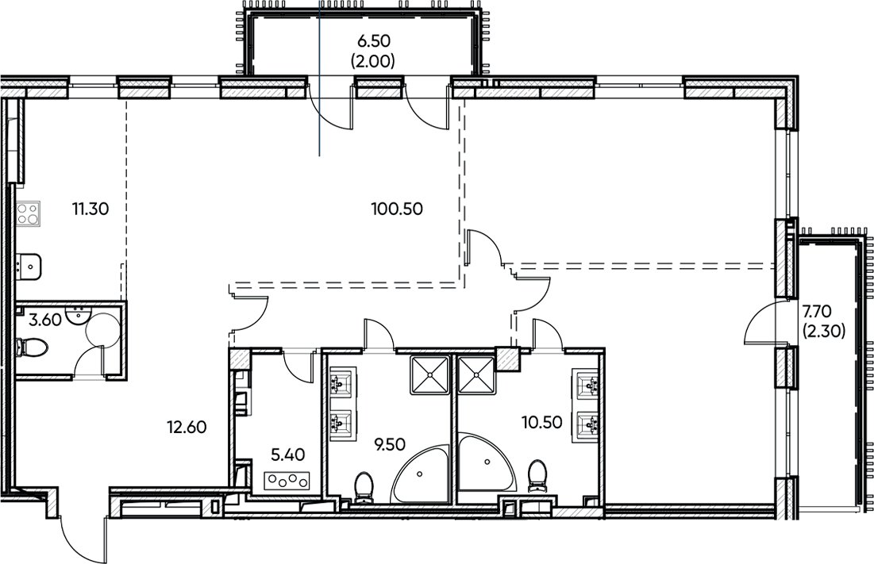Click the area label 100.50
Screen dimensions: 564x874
(x=396, y=209)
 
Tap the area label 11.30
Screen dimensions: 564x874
(x=90, y=209)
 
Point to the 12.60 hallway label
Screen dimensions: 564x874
(x=187, y=428)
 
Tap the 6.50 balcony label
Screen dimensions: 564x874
(x=372, y=48)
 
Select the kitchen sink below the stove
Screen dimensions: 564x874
(x=29, y=266)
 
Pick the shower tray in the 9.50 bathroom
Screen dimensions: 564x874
(x=429, y=374)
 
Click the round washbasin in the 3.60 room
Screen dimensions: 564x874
(x=79, y=315)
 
